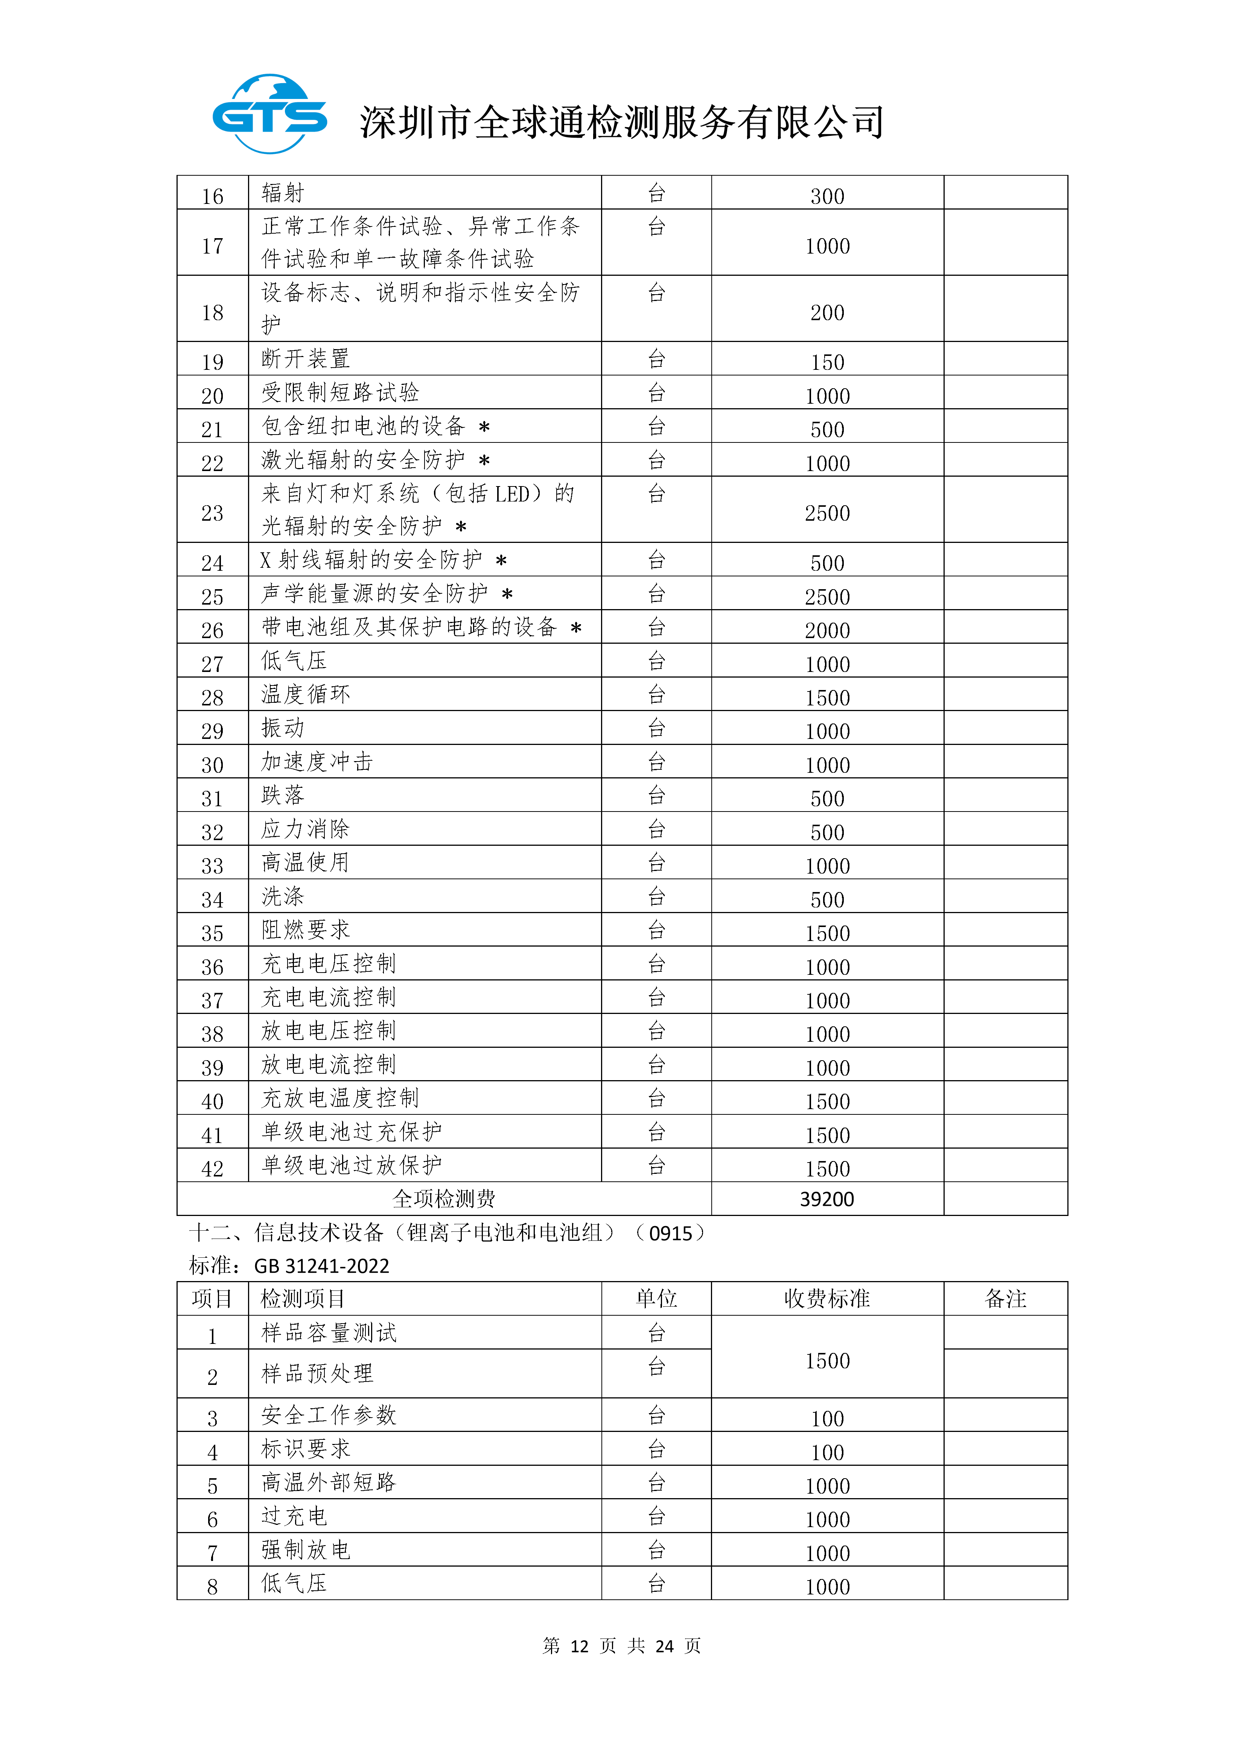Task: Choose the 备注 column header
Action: (x=1005, y=1298)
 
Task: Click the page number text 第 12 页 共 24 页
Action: (x=622, y=1646)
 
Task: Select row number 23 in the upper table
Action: (x=212, y=513)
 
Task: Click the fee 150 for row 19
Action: (x=827, y=362)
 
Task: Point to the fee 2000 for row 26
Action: (x=827, y=630)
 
